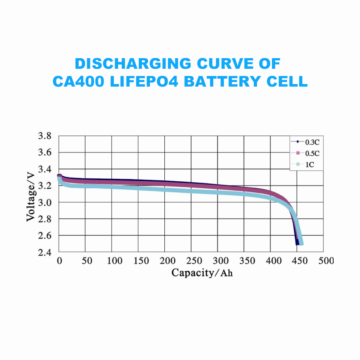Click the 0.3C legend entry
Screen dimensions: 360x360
point(306,142)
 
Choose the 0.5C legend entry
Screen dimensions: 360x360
point(306,153)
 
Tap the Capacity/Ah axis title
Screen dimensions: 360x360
point(202,273)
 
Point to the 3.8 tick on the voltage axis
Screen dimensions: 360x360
point(45,136)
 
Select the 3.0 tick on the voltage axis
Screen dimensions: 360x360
point(45,202)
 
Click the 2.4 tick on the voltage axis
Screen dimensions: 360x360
point(45,252)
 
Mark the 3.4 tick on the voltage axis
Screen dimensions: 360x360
point(45,169)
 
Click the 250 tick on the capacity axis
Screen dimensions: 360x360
point(194,261)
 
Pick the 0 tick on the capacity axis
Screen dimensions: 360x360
point(60,261)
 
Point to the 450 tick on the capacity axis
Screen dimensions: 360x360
point(300,261)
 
